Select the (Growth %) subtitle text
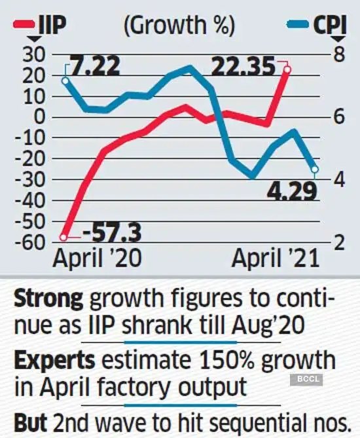[x=179, y=27]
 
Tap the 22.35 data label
[x=242, y=67]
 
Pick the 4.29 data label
[x=291, y=191]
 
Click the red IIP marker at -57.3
[x=64, y=236]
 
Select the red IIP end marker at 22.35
[x=286, y=69]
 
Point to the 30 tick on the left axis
[x=30, y=55]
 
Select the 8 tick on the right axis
[x=338, y=54]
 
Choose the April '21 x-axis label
[x=276, y=258]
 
